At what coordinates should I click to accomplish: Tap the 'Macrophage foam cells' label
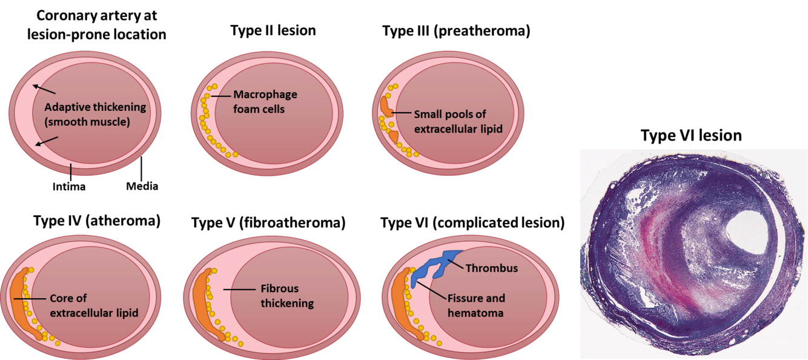[265, 102]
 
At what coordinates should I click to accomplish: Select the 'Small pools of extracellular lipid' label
[458, 121]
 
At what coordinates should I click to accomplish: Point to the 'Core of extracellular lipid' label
[94, 305]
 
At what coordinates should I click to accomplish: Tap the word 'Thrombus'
[492, 268]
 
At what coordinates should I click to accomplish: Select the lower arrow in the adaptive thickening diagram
[47, 141]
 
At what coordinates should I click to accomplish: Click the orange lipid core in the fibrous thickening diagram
[202, 303]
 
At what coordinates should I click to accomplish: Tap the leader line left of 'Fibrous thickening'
[238, 290]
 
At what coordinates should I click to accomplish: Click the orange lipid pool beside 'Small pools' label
[386, 109]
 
